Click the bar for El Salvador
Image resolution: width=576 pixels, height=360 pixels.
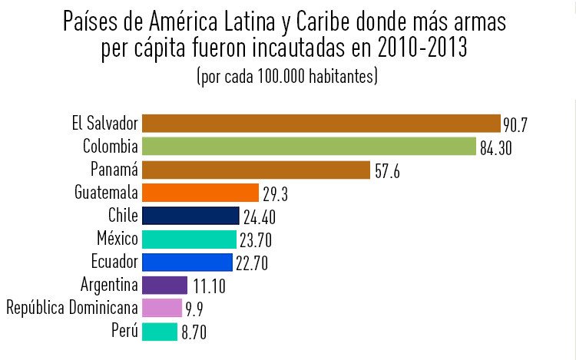(321, 123)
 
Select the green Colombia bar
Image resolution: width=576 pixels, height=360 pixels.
(309, 146)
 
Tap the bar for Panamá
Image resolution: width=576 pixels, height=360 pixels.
(256, 170)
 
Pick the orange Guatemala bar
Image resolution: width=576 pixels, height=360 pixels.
(200, 193)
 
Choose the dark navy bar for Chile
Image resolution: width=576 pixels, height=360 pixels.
(190, 216)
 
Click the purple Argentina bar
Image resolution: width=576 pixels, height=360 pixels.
(164, 285)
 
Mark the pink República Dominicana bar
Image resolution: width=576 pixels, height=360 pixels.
(161, 308)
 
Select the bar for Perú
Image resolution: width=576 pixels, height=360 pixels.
(160, 332)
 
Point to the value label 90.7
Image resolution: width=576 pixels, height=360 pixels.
(516, 124)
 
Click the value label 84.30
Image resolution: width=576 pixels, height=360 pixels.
(496, 148)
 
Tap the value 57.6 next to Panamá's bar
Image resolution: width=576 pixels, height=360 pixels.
(389, 171)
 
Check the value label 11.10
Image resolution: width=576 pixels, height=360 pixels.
(209, 287)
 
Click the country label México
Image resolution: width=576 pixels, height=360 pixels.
(118, 239)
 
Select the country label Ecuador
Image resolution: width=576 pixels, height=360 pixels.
(114, 262)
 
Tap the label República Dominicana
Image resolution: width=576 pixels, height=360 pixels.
(72, 308)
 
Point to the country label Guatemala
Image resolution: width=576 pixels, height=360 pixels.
(107, 192)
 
